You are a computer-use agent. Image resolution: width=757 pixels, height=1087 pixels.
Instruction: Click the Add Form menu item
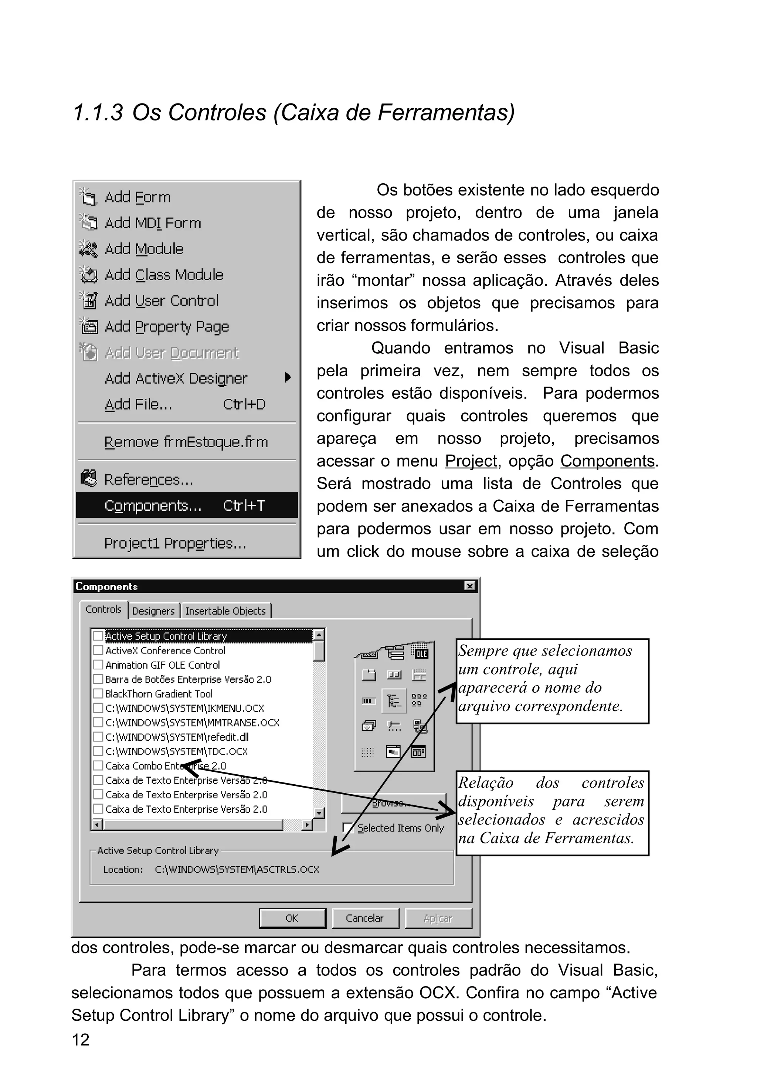coord(137,197)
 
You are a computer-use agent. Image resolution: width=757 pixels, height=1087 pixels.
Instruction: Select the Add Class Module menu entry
coord(163,275)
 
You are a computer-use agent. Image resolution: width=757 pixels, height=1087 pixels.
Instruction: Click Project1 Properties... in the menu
coord(175,543)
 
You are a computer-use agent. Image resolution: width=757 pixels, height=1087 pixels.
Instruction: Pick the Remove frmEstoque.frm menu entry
coord(186,442)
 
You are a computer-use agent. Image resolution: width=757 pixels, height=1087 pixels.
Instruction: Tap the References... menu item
coord(149,480)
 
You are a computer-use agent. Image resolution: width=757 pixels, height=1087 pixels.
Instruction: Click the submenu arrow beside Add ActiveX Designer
coord(287,378)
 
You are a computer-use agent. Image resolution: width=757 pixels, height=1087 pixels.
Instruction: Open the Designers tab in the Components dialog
coord(153,611)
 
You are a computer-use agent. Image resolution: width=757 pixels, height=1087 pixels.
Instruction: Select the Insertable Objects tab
coord(225,611)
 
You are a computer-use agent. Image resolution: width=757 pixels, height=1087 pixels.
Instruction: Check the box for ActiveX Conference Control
coord(98,650)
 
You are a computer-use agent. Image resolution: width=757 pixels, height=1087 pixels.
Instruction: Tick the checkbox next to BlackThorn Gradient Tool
coord(98,694)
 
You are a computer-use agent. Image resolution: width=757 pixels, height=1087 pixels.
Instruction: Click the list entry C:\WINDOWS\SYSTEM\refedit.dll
coord(177,737)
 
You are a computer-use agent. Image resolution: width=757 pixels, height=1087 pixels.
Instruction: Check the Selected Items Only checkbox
coord(347,828)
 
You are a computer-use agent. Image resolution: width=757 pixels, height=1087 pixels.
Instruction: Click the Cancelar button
coord(364,918)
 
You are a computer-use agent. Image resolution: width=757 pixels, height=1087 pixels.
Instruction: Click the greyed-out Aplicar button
coord(438,918)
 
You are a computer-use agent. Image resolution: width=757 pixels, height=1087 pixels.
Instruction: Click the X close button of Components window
coord(469,586)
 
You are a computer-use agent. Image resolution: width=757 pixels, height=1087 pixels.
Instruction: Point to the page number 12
coord(81,1040)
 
